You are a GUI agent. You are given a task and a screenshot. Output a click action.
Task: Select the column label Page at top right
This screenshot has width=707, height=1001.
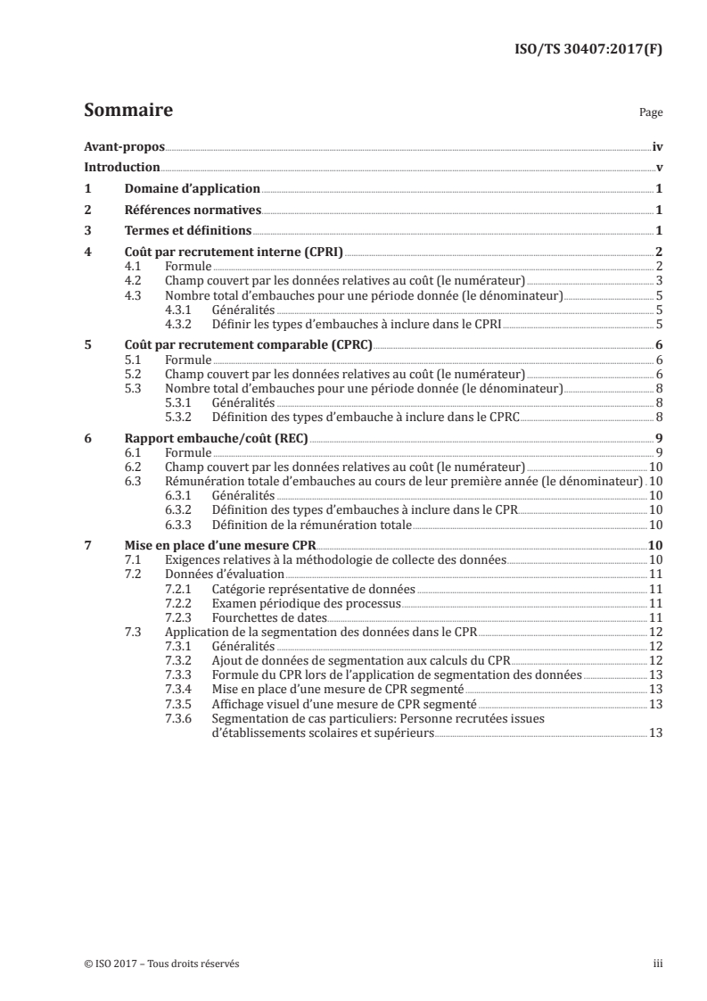[x=651, y=114]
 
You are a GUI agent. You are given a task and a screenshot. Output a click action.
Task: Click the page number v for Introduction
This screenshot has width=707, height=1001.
[x=658, y=168]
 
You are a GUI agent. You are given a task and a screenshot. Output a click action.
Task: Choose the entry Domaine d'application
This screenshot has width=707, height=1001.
[x=192, y=189]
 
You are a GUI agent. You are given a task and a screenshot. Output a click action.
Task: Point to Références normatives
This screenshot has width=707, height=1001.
[x=192, y=211]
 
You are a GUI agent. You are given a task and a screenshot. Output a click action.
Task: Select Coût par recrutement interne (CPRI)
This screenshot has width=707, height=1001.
[x=234, y=253]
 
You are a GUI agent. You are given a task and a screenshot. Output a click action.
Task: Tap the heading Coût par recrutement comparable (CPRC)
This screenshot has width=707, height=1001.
[x=248, y=345]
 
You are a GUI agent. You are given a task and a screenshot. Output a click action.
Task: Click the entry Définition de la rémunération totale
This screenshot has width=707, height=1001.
[x=311, y=525]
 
